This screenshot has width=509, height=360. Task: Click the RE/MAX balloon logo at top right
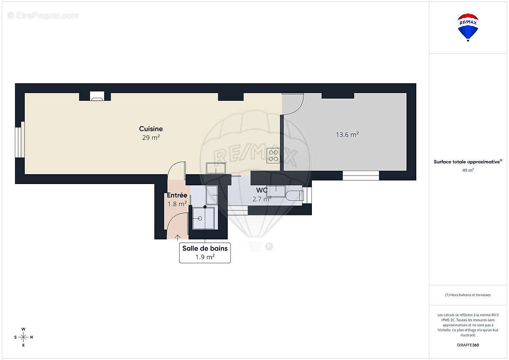click(468, 27)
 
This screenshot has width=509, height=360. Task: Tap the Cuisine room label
click(151, 129)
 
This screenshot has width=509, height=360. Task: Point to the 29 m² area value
click(151, 138)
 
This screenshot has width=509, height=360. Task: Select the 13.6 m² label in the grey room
click(347, 135)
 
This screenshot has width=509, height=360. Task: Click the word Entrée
click(177, 195)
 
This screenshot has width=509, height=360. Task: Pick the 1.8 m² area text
click(177, 204)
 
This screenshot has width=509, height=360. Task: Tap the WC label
click(261, 190)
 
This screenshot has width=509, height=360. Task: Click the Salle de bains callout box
click(205, 252)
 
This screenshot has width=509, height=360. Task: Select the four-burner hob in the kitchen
click(273, 156)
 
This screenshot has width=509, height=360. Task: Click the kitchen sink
click(216, 168)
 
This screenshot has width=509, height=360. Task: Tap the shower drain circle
click(200, 218)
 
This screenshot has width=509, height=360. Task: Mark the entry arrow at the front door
click(178, 237)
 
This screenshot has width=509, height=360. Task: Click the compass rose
click(23, 337)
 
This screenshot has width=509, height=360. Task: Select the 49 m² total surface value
click(468, 170)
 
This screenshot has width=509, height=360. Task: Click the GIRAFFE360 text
click(468, 345)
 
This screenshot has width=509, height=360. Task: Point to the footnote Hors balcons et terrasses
click(468, 295)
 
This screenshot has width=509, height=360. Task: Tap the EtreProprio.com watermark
click(43, 15)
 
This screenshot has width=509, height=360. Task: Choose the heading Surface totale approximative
click(467, 162)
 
